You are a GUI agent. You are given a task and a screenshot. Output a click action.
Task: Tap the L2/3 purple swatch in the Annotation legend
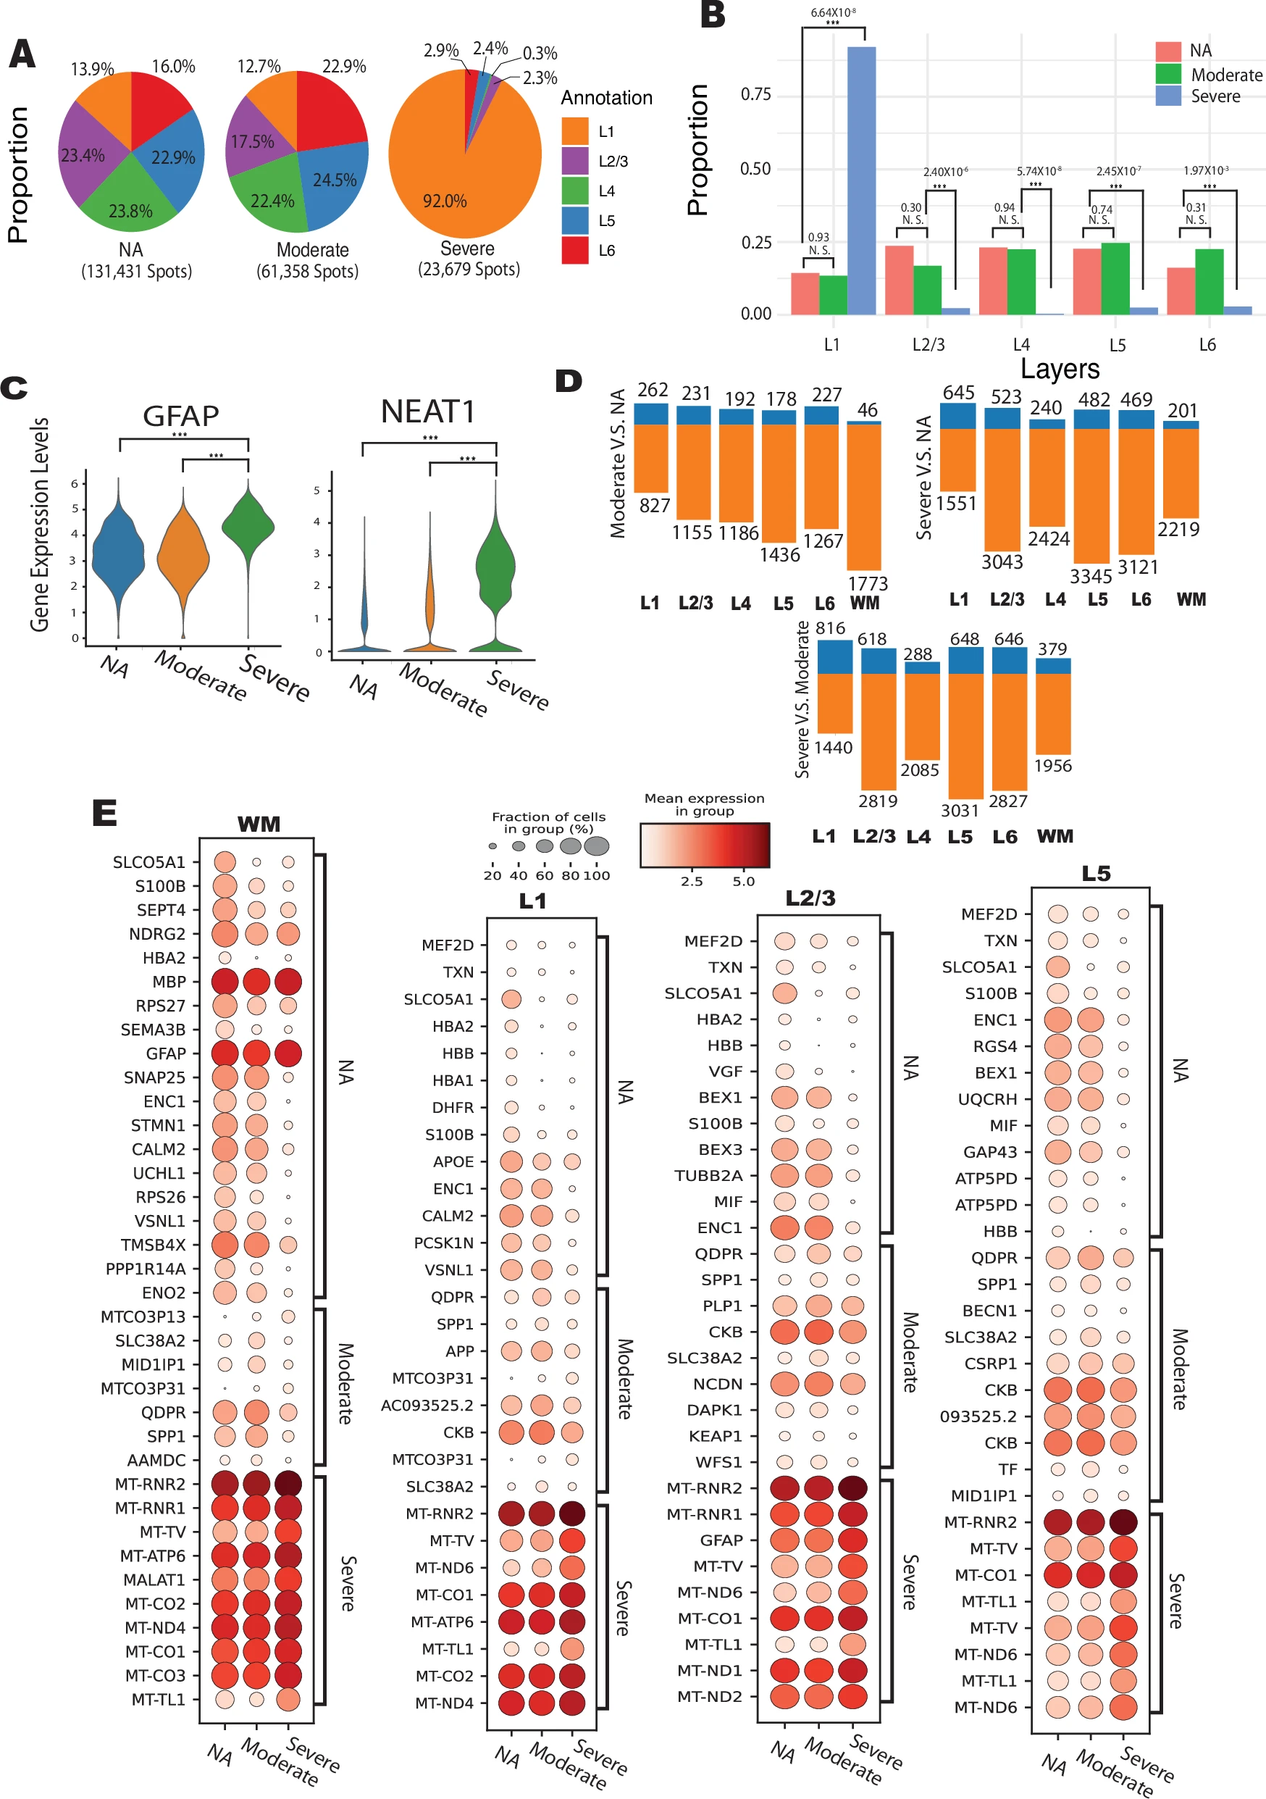coord(575,162)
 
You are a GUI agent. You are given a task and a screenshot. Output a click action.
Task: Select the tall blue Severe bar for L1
coord(861,180)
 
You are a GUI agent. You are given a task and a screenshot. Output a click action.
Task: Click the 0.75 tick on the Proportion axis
coord(755,95)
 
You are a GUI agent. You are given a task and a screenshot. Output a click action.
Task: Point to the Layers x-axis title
coord(1059,368)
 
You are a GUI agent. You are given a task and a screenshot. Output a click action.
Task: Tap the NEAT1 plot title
coord(428,412)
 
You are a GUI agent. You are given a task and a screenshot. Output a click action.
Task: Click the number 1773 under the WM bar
coord(867,584)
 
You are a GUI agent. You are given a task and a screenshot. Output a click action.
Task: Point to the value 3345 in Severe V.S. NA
coord(1091,577)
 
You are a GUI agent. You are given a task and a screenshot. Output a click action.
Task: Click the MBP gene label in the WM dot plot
coord(169,982)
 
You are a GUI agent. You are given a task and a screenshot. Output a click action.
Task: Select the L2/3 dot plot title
coord(810,898)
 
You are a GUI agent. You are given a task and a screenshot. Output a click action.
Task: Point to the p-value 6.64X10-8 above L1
coord(833,12)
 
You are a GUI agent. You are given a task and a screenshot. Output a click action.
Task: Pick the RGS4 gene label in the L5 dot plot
coord(994,1046)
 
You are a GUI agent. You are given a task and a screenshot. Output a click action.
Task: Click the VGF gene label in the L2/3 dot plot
coord(725,1071)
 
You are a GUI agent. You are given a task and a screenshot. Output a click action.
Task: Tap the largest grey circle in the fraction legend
coord(596,846)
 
